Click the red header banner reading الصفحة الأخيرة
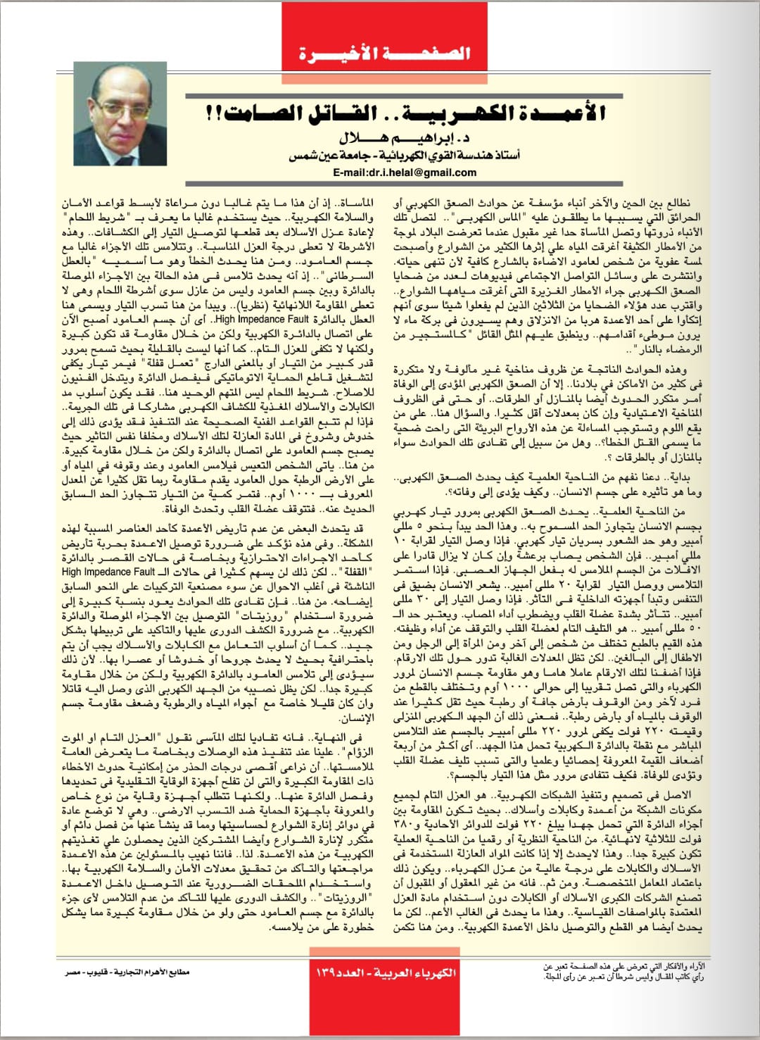click(384, 53)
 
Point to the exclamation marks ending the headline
click(210, 113)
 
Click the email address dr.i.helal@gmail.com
click(405, 172)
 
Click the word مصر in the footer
click(73, 972)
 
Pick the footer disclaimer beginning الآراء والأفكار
click(623, 972)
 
